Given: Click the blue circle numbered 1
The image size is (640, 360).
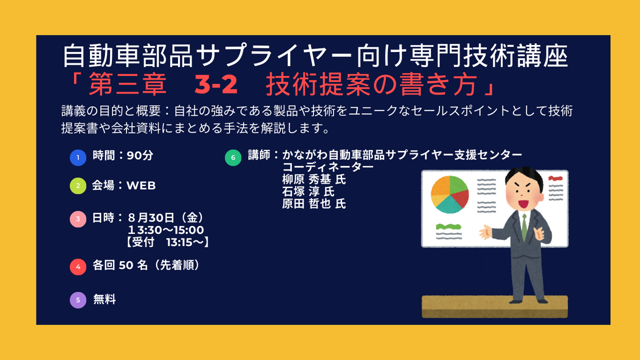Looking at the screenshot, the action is point(78,157).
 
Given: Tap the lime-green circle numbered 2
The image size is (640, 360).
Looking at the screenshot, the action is point(78,186).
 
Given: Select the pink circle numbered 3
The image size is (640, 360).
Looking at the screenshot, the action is point(78,219).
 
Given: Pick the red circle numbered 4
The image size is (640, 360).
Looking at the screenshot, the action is point(78,267).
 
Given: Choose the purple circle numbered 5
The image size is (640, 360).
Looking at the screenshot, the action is point(78,300).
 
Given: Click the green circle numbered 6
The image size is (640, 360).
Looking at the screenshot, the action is point(233,157).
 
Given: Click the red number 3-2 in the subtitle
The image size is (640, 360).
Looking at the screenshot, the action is point(216,84).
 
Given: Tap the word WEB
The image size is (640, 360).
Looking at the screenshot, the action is point(141,185).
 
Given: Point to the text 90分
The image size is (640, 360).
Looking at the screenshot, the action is point(140,155).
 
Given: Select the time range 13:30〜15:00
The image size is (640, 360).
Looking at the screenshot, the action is point(166,230).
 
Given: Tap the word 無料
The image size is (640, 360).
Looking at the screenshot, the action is point(104,299).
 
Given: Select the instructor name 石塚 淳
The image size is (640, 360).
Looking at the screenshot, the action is point(300,191).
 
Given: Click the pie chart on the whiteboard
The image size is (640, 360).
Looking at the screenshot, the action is point(449,194).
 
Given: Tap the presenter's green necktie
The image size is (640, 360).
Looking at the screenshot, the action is point(524,228).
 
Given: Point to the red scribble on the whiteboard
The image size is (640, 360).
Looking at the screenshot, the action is point(555,178).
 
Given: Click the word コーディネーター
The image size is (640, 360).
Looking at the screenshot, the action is point(328,167).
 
